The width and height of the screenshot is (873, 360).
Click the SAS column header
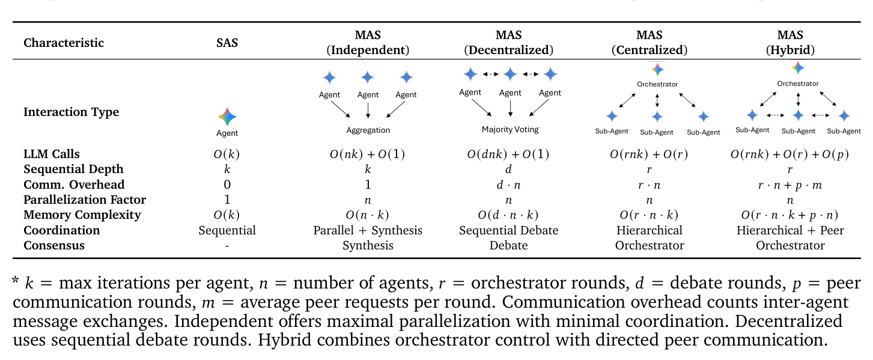227,43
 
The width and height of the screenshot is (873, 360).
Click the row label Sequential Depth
74,169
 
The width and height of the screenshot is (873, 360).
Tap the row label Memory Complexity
82,215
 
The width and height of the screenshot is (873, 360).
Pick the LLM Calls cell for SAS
227,154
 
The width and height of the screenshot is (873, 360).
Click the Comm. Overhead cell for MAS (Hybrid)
789,185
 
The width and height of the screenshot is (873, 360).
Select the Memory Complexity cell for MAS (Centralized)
649,215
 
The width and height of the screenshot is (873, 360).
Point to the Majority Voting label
510,129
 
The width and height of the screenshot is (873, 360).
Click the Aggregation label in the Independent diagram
368,130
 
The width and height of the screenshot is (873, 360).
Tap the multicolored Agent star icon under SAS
227,117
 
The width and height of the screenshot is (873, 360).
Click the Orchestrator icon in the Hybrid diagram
797,68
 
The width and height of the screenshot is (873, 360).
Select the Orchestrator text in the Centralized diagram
657,84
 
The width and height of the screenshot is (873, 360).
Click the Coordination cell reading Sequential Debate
509,230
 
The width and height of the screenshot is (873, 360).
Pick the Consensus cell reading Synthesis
368,245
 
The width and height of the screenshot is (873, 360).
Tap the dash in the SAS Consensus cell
227,246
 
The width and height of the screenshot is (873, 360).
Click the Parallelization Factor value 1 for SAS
227,200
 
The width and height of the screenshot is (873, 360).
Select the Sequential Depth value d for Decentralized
510,169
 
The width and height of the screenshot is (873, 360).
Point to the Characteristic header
64,43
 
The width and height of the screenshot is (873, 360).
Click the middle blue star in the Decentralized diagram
510,75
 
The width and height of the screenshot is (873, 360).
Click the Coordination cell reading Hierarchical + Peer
789,230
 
